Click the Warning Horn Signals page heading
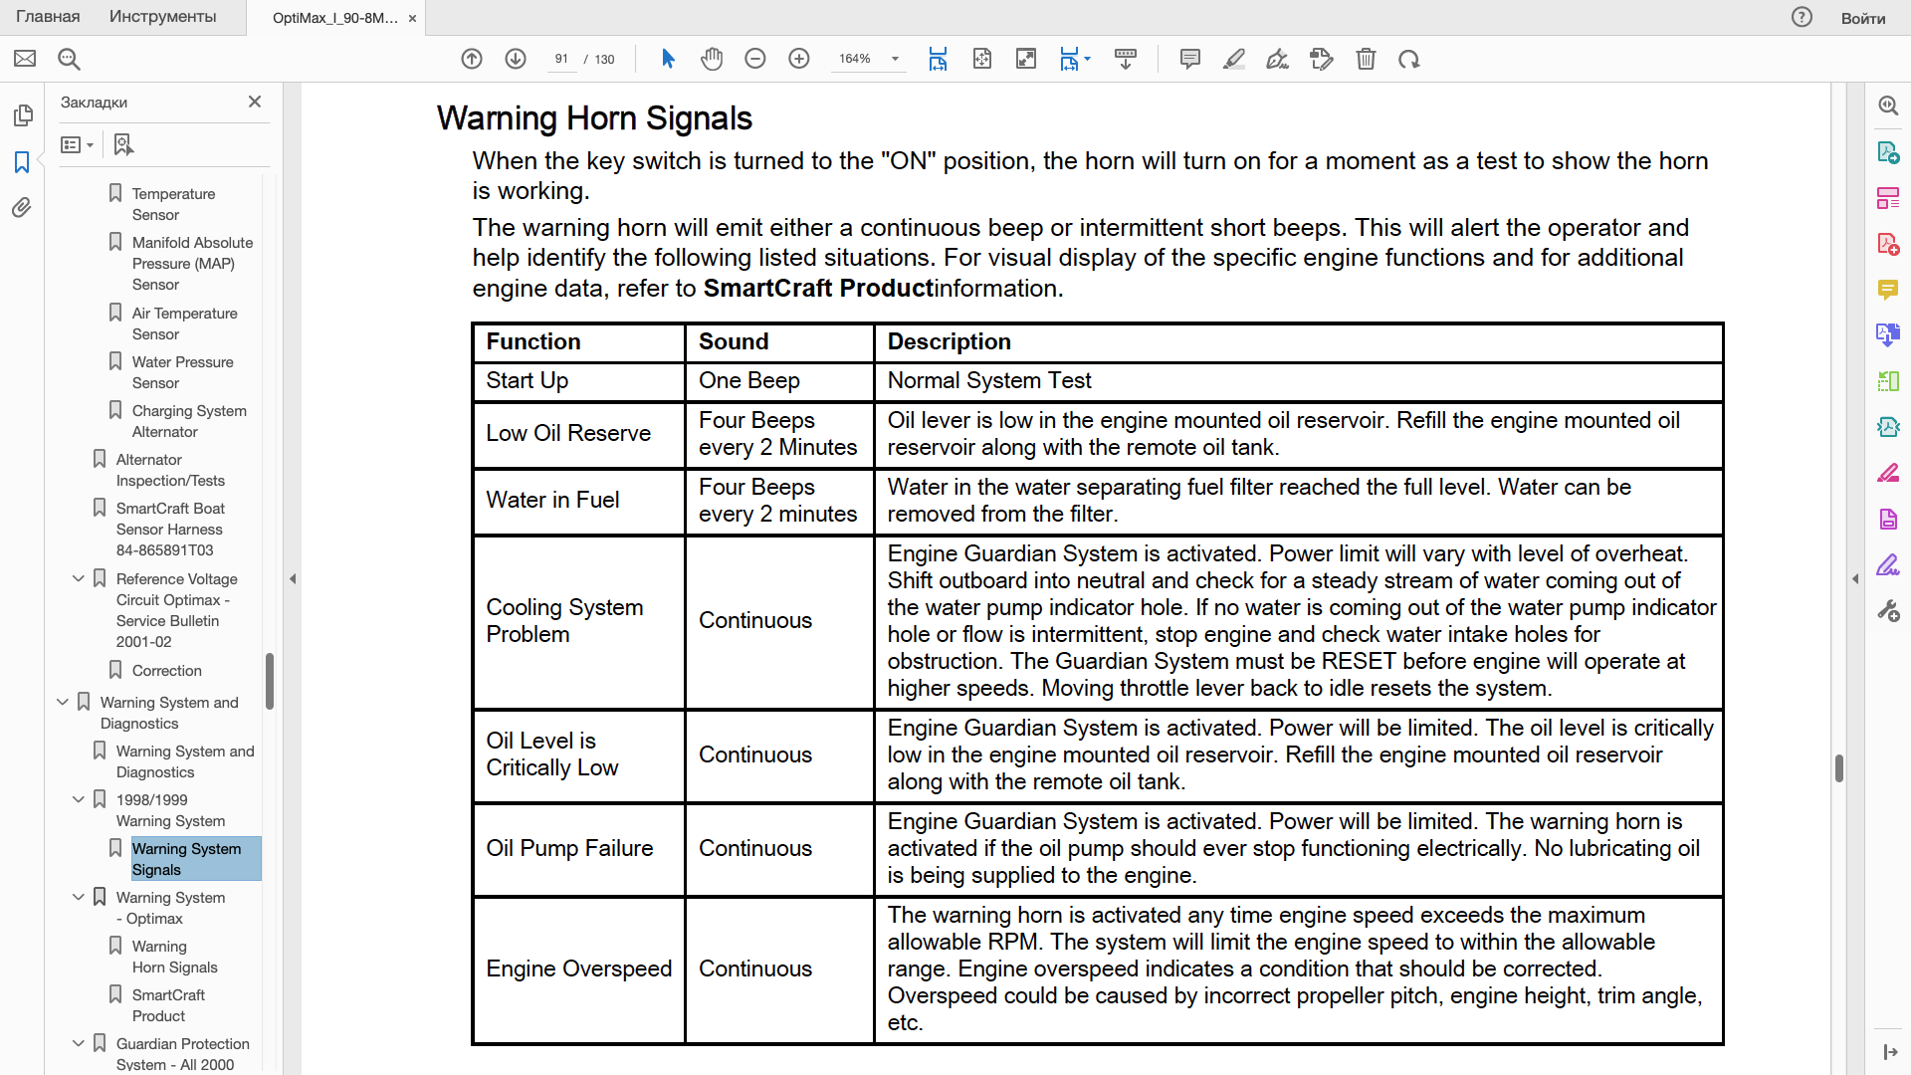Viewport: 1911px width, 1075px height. [594, 118]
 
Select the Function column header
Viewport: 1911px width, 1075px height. [533, 341]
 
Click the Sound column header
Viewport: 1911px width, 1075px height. [734, 341]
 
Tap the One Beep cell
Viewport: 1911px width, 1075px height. [748, 380]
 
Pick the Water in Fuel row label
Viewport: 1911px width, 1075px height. [552, 500]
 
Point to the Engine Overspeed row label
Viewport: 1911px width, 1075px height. [578, 968]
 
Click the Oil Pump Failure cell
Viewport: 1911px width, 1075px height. [569, 848]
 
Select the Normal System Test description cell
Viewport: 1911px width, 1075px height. [989, 380]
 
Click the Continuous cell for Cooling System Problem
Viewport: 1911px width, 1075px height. [755, 620]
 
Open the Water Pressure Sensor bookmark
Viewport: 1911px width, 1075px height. [182, 372]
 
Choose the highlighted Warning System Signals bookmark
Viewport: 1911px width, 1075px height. [186, 858]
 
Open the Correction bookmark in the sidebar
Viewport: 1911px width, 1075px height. [166, 671]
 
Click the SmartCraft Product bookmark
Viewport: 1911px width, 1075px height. [168, 1005]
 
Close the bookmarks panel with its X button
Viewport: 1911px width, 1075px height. [255, 102]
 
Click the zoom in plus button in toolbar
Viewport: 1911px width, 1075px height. [799, 59]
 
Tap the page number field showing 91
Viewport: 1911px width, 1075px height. [561, 59]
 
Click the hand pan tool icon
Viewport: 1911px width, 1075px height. [711, 59]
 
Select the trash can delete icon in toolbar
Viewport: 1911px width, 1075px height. [1366, 59]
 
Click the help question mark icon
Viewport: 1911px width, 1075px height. [1802, 17]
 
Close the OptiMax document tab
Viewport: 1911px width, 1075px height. [412, 18]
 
